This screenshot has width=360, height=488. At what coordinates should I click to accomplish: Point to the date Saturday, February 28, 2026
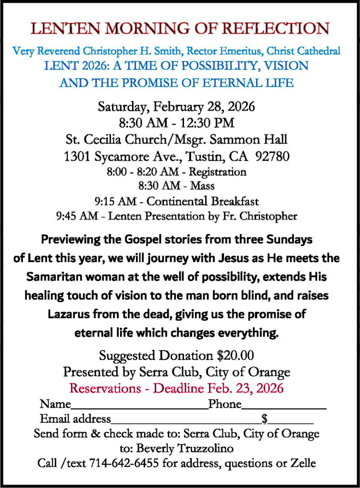click(176, 106)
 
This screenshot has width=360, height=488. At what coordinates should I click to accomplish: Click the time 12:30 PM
click(211, 123)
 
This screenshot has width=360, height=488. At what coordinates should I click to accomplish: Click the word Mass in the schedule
click(202, 186)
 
